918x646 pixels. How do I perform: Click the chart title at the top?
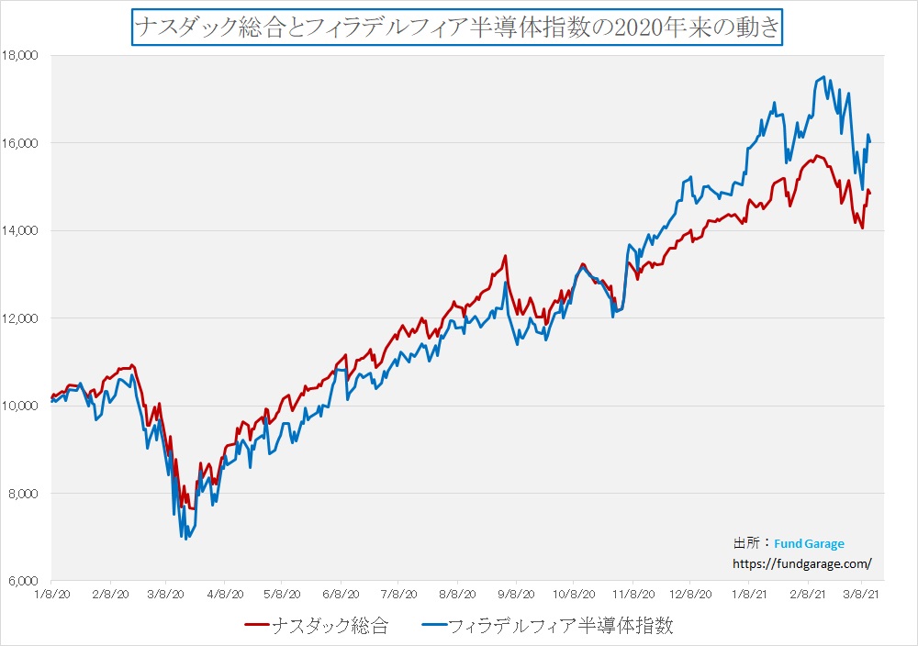pyautogui.click(x=457, y=28)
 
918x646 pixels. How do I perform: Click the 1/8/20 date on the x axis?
pyautogui.click(x=51, y=594)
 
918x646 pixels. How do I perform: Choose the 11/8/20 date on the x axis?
pyautogui.click(x=632, y=594)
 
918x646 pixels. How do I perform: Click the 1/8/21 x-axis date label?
pyautogui.click(x=748, y=594)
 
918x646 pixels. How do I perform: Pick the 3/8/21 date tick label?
pyautogui.click(x=864, y=594)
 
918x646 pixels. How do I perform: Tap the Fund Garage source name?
pyautogui.click(x=809, y=543)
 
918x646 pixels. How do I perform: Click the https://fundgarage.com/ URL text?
pyautogui.click(x=801, y=563)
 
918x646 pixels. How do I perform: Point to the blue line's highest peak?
pyautogui.click(x=823, y=77)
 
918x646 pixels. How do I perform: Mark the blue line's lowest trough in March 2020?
pyautogui.click(x=185, y=539)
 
